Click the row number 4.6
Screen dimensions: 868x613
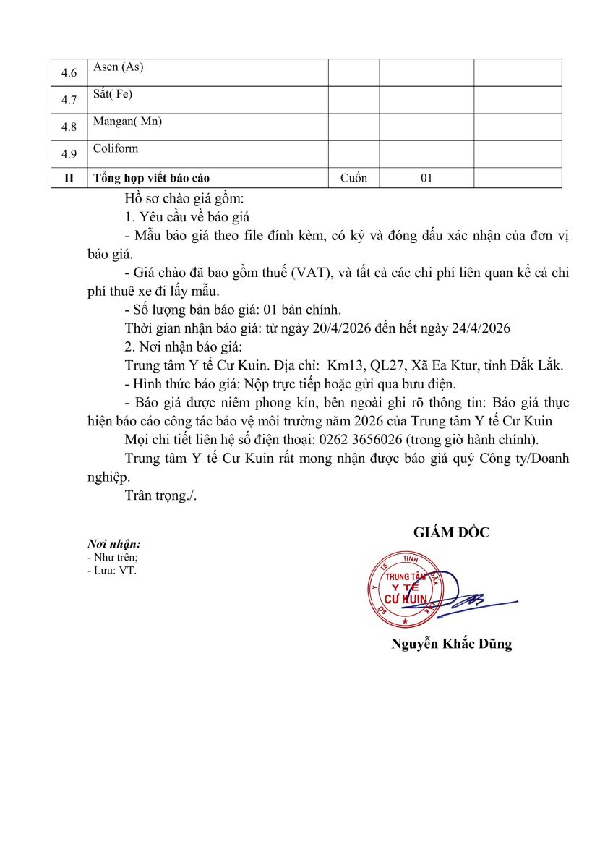pos(69,73)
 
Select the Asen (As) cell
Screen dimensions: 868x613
pos(118,67)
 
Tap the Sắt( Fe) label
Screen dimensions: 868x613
pos(113,94)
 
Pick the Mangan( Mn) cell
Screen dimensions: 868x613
pos(127,122)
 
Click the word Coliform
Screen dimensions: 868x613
pos(116,148)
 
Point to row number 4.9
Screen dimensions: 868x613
pos(69,154)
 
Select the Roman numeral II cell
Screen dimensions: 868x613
pos(69,178)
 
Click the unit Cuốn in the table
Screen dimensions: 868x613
pos(353,178)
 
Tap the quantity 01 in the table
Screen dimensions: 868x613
pos(426,178)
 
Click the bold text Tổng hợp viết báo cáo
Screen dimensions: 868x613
pos(152,178)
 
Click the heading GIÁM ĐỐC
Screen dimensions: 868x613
pos(451,533)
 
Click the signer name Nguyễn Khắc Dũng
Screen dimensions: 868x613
pos(451,644)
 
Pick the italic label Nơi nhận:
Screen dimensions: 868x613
pos(113,544)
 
